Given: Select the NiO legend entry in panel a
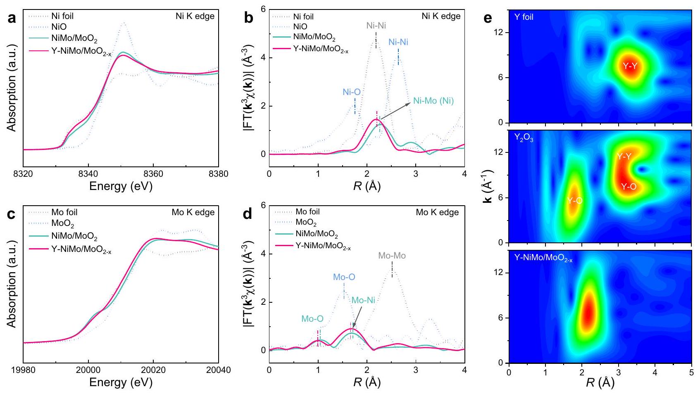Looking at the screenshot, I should click(59, 27).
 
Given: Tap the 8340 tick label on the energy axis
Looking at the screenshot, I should click(88, 174).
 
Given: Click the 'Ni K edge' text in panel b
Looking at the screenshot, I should click(440, 16).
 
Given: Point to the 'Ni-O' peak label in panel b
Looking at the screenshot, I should click(351, 92).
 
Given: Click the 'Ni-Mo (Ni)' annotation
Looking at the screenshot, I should click(433, 101).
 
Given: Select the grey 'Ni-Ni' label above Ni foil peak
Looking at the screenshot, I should click(376, 26).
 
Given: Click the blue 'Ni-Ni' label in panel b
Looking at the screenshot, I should click(398, 42).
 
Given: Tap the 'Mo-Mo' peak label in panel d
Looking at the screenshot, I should click(392, 256).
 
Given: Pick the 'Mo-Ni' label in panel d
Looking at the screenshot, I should click(363, 300).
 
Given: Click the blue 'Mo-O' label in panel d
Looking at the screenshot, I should click(344, 277).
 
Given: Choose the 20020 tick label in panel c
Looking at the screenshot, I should click(153, 370).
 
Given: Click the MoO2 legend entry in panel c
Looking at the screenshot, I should click(62, 224).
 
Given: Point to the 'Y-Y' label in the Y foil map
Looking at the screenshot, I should click(630, 66).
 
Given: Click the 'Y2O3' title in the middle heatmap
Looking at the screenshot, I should click(524, 138).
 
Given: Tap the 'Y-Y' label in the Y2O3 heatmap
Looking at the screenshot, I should click(624, 156).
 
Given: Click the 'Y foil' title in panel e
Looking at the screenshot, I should click(524, 17).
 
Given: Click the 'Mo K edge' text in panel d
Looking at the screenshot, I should click(437, 212).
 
